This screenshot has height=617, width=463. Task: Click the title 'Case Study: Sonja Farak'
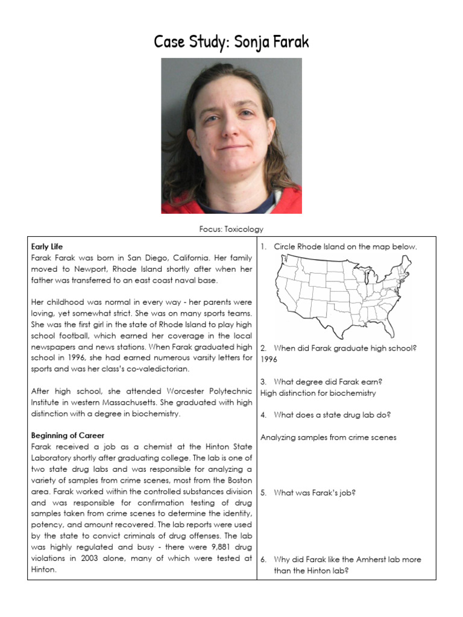click(x=231, y=42)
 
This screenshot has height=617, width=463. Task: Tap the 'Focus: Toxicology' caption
click(x=231, y=229)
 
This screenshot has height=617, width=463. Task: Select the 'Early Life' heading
click(x=47, y=246)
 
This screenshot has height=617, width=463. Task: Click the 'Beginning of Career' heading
click(x=68, y=435)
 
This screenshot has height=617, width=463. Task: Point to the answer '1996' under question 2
click(x=269, y=359)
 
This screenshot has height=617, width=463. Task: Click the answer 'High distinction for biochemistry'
click(x=318, y=393)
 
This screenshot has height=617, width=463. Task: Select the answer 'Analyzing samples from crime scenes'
click(x=328, y=437)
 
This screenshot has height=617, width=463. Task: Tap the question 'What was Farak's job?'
click(x=314, y=492)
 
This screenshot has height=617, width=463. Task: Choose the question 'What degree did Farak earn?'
click(x=328, y=381)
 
